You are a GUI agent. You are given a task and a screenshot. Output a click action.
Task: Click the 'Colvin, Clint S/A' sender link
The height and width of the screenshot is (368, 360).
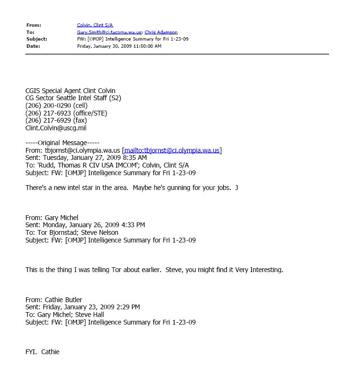point(95,25)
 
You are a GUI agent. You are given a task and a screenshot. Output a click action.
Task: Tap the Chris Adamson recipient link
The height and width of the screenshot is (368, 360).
point(162,32)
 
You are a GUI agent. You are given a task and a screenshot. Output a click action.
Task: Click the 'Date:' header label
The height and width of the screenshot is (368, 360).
point(33,46)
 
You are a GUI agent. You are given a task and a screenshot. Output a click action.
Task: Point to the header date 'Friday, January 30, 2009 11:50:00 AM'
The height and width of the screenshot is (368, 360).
point(119,46)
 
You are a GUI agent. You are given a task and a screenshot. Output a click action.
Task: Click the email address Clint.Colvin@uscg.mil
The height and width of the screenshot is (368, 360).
point(56,128)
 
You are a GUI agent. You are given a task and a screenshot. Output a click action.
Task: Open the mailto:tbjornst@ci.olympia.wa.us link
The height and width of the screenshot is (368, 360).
point(172,150)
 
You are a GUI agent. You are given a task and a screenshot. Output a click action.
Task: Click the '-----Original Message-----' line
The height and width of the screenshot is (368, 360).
point(56,143)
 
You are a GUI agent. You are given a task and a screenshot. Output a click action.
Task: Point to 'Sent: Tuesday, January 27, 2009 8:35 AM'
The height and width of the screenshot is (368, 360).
point(86,158)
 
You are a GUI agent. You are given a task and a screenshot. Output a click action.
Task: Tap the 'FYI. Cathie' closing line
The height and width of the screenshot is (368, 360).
point(42,352)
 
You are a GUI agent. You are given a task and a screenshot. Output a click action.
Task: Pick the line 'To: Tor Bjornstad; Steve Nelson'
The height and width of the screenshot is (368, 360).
point(72,232)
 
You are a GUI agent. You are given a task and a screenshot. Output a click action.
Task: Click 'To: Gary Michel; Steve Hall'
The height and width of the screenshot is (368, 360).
point(64,315)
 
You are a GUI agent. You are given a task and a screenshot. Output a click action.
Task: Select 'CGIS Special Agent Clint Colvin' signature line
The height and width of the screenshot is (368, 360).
point(70,91)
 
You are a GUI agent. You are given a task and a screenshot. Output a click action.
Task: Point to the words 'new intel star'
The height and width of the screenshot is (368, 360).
point(82,188)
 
